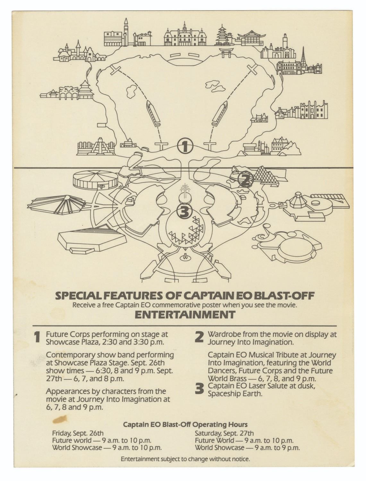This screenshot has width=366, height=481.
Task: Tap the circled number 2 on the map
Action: coord(245,180)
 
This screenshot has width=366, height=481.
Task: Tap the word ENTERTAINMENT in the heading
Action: coord(185,315)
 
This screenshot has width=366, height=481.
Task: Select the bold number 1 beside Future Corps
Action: coord(38,338)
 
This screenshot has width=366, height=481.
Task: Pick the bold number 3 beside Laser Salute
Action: coord(199,389)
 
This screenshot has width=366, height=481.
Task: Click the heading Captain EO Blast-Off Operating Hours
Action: coord(185,425)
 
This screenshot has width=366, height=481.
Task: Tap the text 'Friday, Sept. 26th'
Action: coord(78,433)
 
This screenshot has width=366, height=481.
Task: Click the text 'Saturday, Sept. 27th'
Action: coord(224,433)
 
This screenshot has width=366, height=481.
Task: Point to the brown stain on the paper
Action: coord(60,419)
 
